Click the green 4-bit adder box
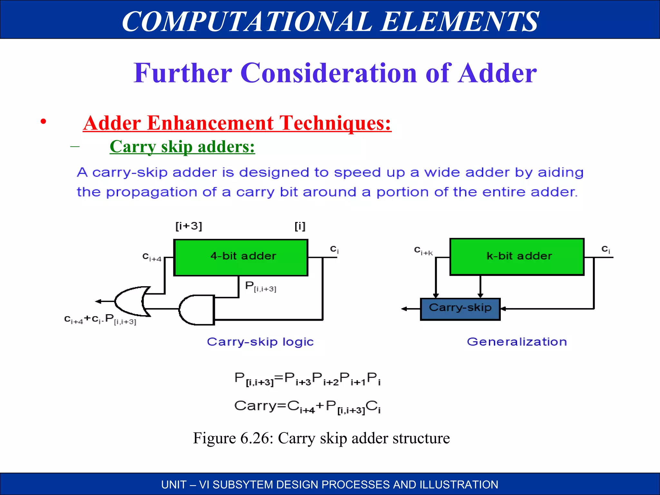241,257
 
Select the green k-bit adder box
517,257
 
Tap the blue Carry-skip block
460,309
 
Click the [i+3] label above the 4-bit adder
189,226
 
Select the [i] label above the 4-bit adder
300,226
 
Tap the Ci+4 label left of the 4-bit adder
152,257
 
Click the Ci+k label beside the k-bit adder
423,251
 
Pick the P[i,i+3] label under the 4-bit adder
260,286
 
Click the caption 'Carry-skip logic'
260,342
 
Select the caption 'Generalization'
517,342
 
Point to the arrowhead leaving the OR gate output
98,301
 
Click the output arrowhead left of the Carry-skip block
404,309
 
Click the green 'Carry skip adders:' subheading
182,147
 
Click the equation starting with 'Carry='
307,406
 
